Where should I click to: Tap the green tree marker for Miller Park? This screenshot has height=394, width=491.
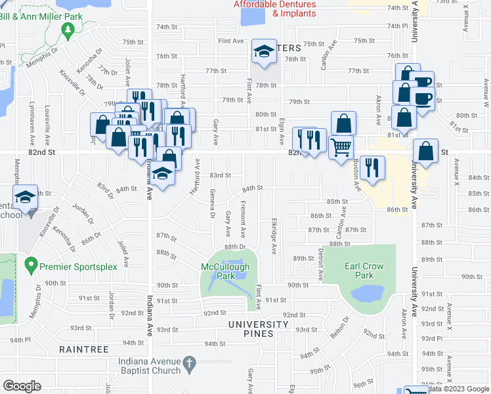(x=67, y=30)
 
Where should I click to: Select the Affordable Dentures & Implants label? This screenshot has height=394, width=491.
(x=284, y=9)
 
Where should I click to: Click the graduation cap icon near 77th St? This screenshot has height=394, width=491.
(x=264, y=53)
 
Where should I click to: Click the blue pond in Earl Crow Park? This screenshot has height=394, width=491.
(x=366, y=293)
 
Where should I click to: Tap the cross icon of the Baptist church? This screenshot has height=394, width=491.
(x=188, y=362)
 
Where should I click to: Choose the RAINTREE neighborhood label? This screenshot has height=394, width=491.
(x=83, y=349)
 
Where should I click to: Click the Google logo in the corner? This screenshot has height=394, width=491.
(x=22, y=386)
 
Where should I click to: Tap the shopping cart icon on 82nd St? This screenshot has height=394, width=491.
(x=341, y=147)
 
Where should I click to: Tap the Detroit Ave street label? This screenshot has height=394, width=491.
(x=321, y=263)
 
